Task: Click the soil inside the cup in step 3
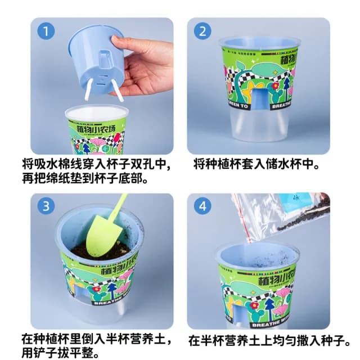(x=101, y=251)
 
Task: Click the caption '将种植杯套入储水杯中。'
(x=256, y=165)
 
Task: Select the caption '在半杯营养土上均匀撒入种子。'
(x=270, y=340)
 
